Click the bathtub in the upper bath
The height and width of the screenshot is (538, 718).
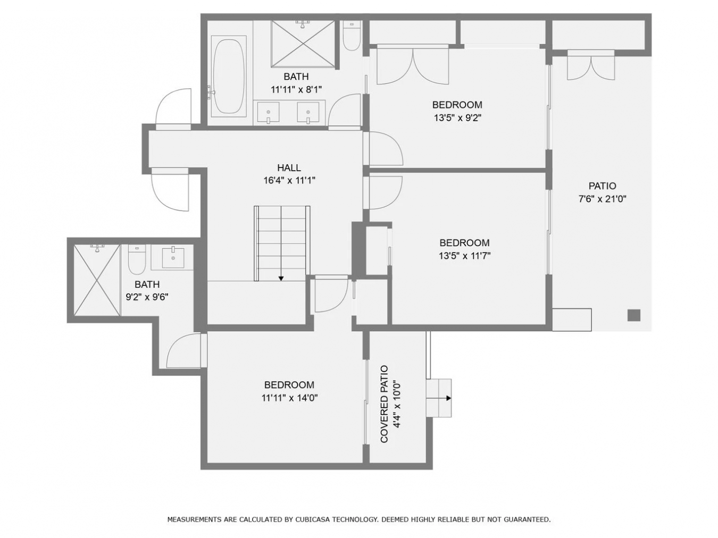[229, 76]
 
